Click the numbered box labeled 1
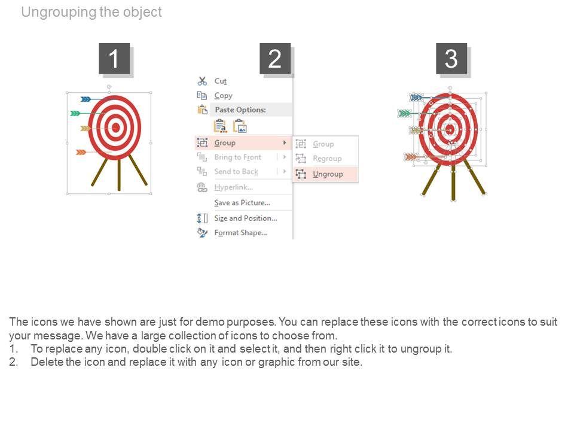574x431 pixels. coord(114,58)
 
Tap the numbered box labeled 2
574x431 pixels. coord(275,58)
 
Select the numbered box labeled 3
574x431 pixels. coord(451,58)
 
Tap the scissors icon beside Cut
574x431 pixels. coord(202,81)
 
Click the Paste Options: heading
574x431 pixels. coord(240,110)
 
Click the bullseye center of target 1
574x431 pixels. coord(115,128)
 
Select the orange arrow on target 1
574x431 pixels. coord(93,152)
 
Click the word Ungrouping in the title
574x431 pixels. coord(59,13)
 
